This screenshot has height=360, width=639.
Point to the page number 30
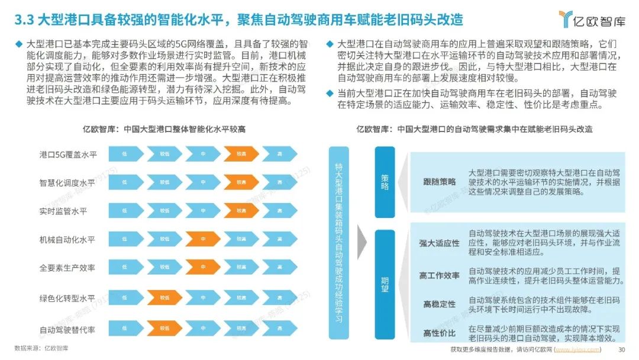tap(621, 349)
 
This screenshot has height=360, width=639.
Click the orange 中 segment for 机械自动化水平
tap(203, 239)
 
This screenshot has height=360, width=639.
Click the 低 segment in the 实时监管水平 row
tap(125, 211)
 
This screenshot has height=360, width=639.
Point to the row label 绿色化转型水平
tap(67, 297)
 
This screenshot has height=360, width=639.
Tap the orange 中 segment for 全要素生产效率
tap(203, 268)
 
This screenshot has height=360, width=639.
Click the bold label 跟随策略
tap(440, 182)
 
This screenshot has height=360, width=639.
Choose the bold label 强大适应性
tap(440, 243)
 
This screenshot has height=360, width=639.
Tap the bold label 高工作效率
tap(440, 275)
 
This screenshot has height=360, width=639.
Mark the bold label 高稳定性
tap(440, 304)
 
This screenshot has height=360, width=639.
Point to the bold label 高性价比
tap(440, 333)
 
